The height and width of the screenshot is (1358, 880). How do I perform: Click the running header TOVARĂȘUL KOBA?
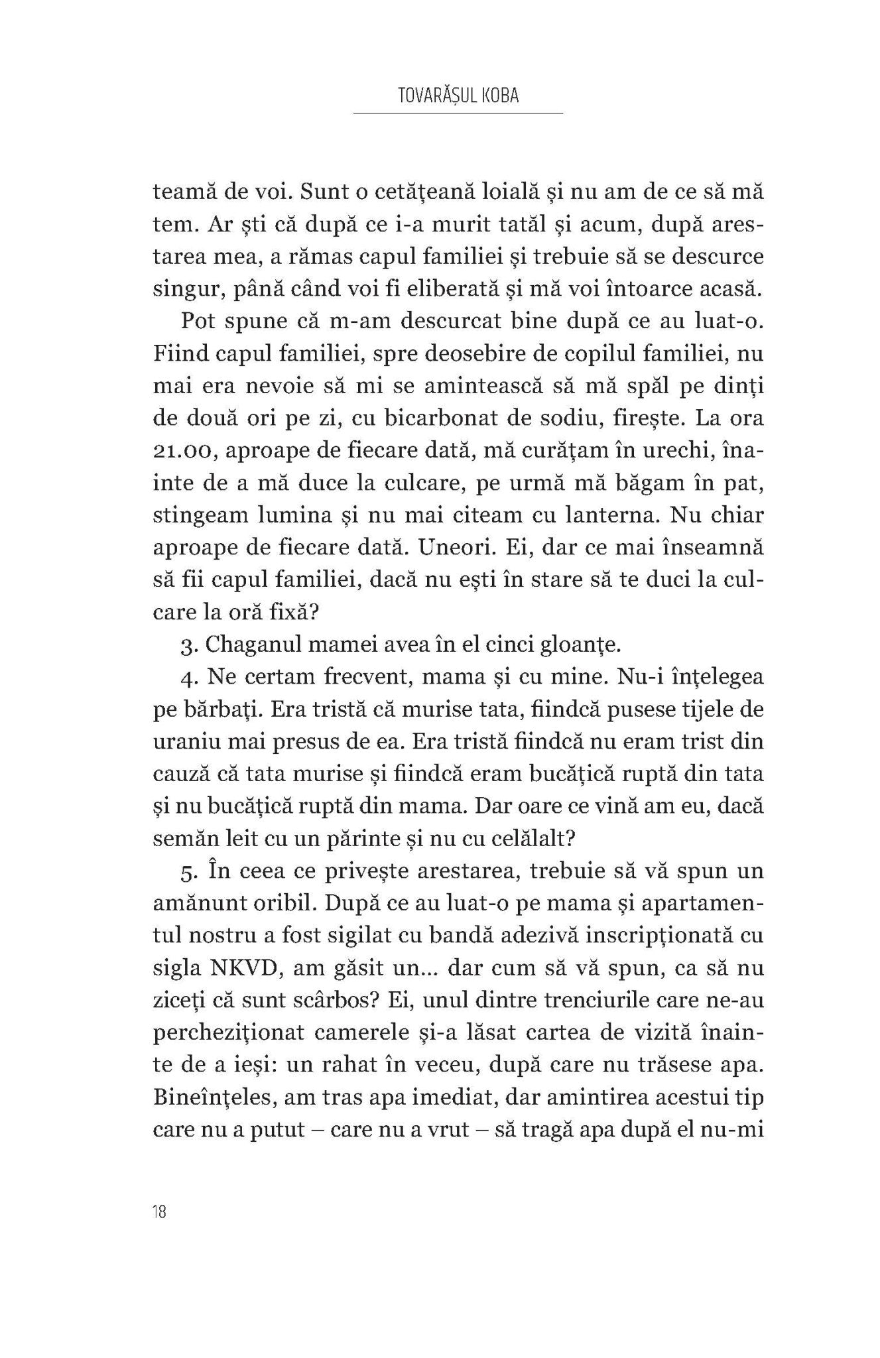click(458, 95)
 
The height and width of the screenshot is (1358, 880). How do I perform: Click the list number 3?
click(186, 645)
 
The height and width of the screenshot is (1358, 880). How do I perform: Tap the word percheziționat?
click(229, 1033)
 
